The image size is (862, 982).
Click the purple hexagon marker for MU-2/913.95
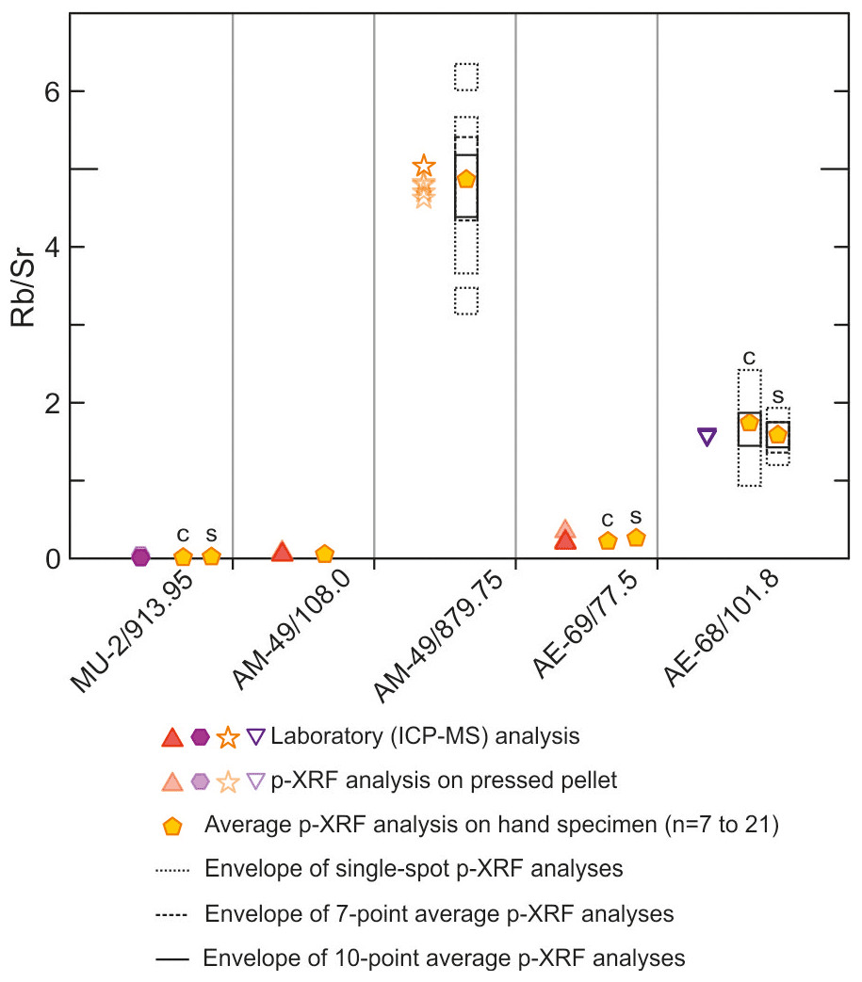pos(140,555)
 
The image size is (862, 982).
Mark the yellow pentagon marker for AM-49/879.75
pos(465,179)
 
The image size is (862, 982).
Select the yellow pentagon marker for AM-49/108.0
pos(325,554)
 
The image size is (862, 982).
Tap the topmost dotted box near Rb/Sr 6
pos(466,76)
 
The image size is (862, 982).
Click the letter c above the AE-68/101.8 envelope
pos(750,358)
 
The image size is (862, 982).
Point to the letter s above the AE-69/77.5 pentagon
pos(636,515)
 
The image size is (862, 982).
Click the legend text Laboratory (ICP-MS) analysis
pos(425,735)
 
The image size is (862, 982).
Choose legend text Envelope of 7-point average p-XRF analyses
pos(439,913)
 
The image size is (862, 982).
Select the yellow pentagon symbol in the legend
pos(172,826)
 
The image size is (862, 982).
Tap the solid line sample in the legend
pos(173,959)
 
